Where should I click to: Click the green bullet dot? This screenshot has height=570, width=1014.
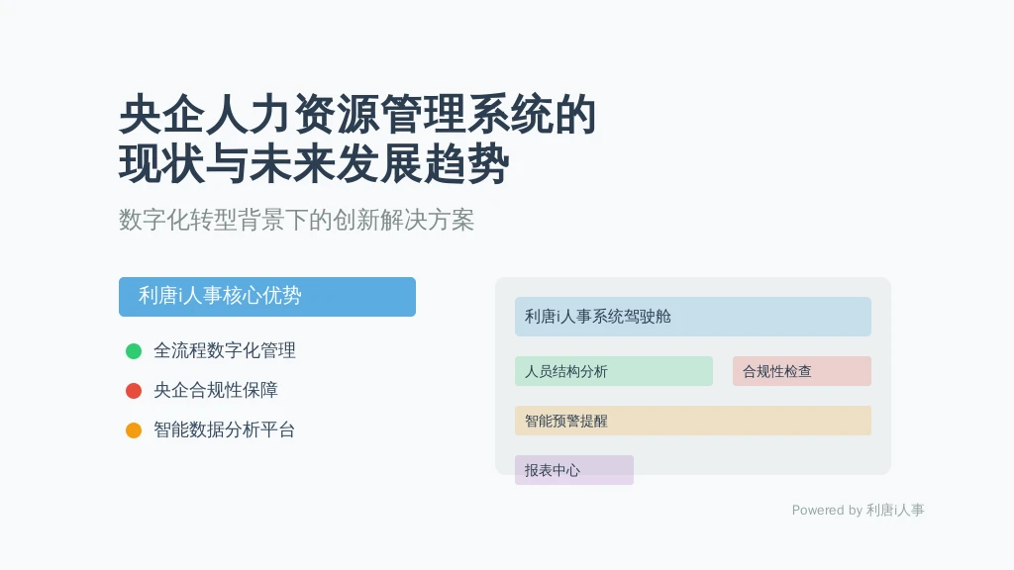(x=134, y=351)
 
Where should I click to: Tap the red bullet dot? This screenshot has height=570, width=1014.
(x=134, y=390)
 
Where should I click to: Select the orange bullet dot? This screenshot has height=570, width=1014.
(x=134, y=429)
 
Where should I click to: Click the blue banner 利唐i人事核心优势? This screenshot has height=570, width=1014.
(x=267, y=297)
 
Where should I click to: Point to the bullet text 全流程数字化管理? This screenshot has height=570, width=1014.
(x=225, y=351)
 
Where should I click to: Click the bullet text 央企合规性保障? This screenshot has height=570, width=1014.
(x=216, y=390)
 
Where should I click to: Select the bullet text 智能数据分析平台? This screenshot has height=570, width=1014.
(x=225, y=429)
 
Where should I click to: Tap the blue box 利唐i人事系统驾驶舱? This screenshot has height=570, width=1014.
(x=692, y=317)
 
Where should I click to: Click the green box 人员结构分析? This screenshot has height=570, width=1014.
(x=614, y=371)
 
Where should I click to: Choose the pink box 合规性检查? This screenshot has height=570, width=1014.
(x=802, y=371)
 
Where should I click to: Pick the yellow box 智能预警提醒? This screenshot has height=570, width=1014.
(x=692, y=421)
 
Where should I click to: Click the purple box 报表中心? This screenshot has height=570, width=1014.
(x=574, y=470)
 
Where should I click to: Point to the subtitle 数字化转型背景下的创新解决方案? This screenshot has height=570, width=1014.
(x=297, y=220)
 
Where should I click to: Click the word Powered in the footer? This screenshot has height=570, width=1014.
(x=818, y=510)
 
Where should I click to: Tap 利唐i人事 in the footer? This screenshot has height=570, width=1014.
(x=895, y=510)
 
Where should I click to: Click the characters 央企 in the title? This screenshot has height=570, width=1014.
(x=162, y=115)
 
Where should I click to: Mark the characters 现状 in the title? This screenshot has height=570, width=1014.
(x=162, y=164)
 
